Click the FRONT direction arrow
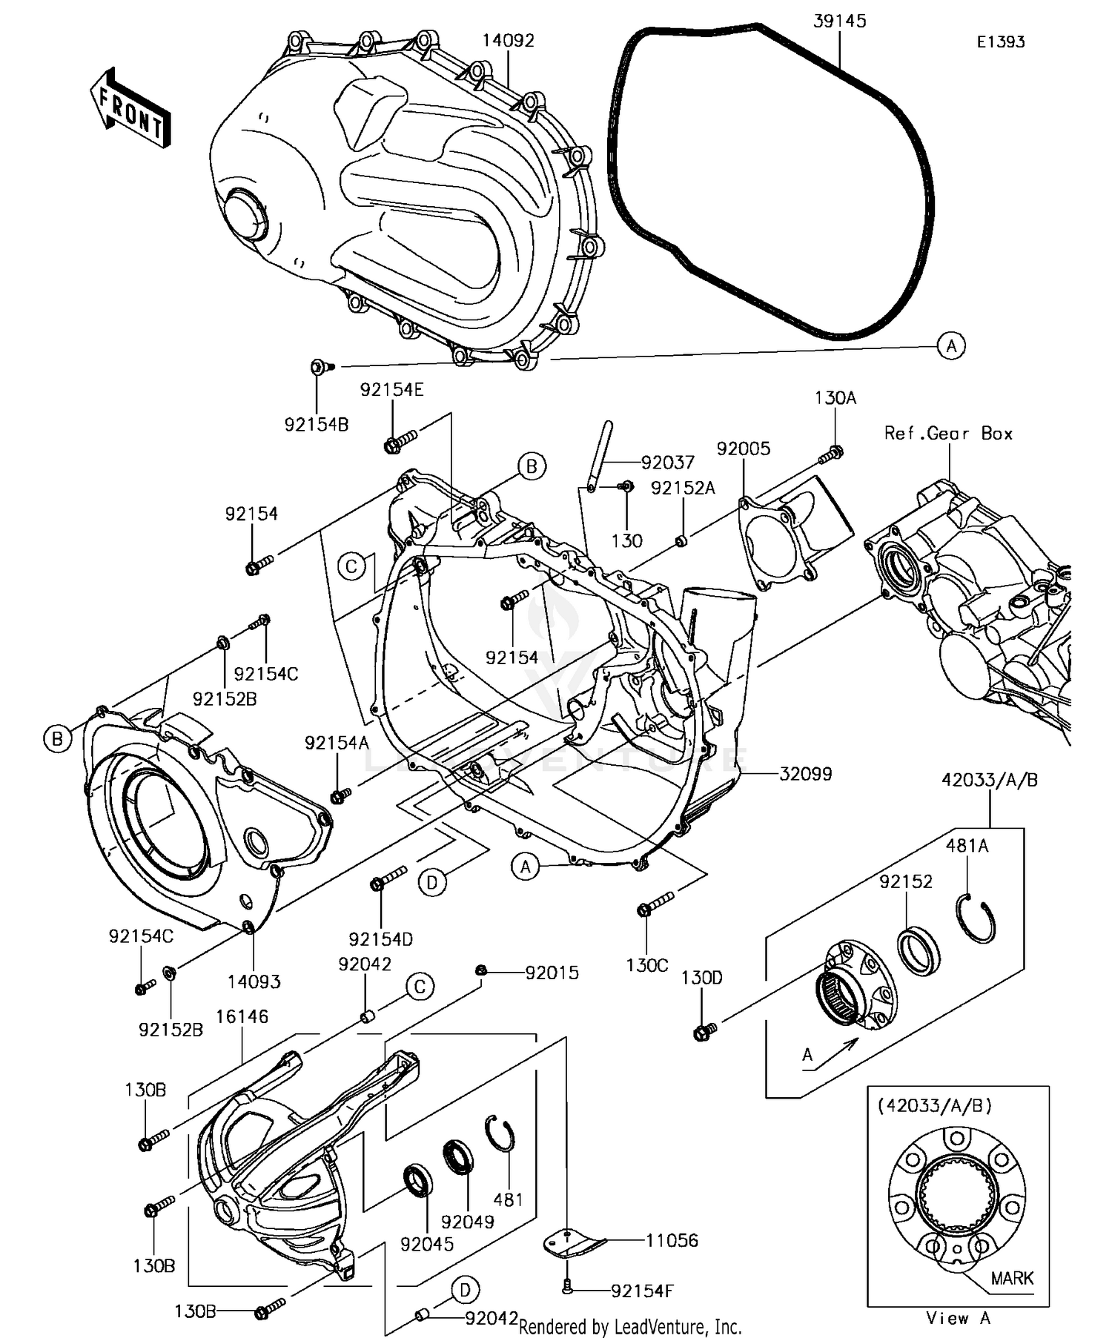(x=130, y=110)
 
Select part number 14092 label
(x=508, y=41)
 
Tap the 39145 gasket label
(x=839, y=21)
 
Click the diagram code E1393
(x=1000, y=42)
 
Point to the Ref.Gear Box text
(x=948, y=434)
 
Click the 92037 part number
(x=668, y=463)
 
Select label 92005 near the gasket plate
(x=743, y=448)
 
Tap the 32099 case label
(x=805, y=774)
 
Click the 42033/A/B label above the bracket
(x=989, y=780)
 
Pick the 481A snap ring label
(x=967, y=846)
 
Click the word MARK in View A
(x=1012, y=1278)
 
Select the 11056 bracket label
(x=672, y=1241)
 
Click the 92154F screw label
(x=642, y=1291)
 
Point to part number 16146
(x=242, y=1017)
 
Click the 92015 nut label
(x=552, y=973)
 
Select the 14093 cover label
(x=254, y=982)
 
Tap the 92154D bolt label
(x=380, y=939)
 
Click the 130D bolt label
(x=701, y=978)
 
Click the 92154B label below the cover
(x=317, y=425)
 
